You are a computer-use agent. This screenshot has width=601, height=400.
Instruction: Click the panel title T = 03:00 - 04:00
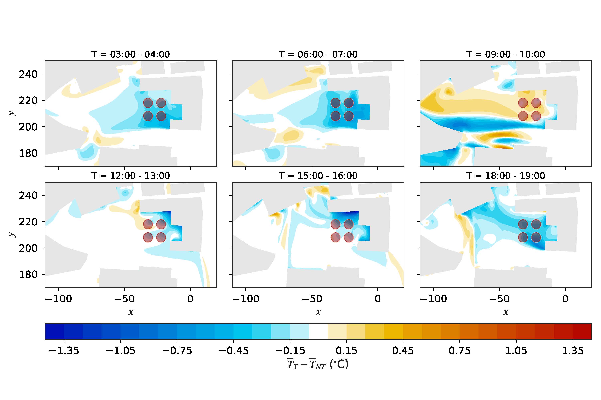(130, 54)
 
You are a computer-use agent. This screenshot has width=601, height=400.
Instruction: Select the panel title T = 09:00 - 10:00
(505, 54)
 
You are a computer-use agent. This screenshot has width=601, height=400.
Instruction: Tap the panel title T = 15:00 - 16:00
(318, 176)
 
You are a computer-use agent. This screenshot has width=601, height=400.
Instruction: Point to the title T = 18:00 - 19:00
(505, 176)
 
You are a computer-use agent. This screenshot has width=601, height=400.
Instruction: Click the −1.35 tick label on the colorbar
(64, 351)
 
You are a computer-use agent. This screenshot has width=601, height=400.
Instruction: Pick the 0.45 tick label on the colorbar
(403, 351)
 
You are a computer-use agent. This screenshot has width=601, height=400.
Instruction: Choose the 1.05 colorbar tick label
(516, 351)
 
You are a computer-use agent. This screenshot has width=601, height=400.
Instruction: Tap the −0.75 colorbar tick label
(177, 351)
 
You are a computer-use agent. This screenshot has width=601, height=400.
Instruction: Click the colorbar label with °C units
(318, 364)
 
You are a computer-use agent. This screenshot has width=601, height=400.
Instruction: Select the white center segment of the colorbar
(318, 331)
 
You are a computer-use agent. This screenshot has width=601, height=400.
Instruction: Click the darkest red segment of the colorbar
(582, 331)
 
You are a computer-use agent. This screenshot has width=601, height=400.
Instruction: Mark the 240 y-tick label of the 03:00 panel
(28, 74)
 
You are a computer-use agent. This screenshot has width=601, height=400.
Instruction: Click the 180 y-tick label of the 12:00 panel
(28, 274)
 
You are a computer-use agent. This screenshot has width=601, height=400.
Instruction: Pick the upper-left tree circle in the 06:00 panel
(336, 103)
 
